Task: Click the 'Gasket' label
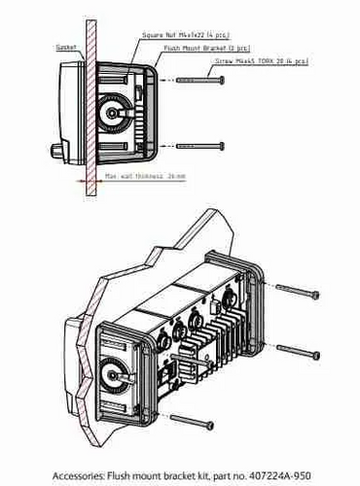click(x=67, y=46)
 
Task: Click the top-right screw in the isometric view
click(x=296, y=290)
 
